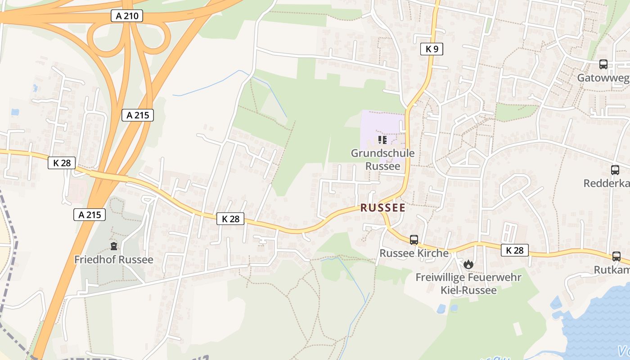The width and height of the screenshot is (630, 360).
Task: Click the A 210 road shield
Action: (126, 16)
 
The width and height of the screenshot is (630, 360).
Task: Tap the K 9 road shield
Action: (432, 49)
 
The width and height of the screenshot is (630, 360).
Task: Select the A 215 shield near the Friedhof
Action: (89, 215)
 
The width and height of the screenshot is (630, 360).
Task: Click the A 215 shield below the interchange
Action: (137, 115)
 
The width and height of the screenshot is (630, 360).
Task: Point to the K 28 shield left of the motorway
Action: (62, 163)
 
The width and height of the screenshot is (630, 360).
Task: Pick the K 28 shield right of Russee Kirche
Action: (514, 250)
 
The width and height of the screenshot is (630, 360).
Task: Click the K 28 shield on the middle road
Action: (230, 219)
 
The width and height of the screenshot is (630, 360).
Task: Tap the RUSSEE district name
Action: (382, 208)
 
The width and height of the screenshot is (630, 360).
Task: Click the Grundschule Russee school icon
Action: (382, 140)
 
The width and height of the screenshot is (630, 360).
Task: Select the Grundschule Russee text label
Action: (382, 159)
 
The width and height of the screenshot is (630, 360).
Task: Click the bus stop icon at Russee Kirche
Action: (414, 240)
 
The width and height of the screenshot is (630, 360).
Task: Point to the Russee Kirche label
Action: (414, 253)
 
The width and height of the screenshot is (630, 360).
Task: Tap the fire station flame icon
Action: (468, 265)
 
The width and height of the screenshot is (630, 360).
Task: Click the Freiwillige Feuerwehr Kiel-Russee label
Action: (468, 283)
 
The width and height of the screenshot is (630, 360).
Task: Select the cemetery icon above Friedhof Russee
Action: (114, 246)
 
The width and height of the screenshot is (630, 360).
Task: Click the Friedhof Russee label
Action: (113, 260)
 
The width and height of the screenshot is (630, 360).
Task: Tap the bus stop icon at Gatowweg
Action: (603, 64)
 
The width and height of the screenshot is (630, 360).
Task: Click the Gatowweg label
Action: (603, 78)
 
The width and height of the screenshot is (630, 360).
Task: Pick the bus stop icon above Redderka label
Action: (615, 170)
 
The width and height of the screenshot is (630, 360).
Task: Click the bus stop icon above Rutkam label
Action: (616, 256)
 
